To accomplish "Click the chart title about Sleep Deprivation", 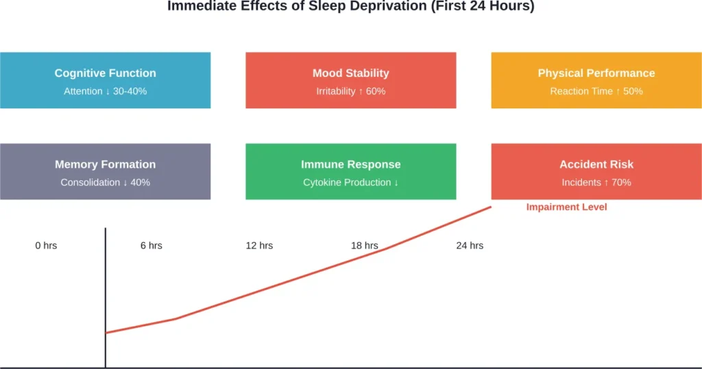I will click(x=350, y=6).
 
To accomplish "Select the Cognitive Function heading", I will click(x=105, y=73).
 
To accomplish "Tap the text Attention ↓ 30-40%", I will click(x=105, y=91).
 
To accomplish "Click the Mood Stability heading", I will click(x=350, y=73).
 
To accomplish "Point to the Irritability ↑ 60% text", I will click(x=350, y=91).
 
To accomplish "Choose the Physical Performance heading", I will click(x=596, y=73).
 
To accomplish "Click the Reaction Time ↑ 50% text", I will click(x=596, y=91).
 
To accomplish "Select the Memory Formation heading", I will click(x=105, y=164).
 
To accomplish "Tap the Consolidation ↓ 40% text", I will click(x=105, y=182).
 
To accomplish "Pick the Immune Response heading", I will click(x=350, y=164).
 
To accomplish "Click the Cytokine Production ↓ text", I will click(x=350, y=182).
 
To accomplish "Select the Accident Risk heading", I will click(x=596, y=164).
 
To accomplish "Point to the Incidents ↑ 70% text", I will click(x=596, y=182).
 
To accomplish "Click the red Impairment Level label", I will click(x=566, y=206).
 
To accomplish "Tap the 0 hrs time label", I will click(x=46, y=245).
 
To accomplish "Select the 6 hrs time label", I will click(x=151, y=245).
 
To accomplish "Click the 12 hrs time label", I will click(x=259, y=245).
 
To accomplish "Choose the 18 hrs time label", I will click(x=364, y=245).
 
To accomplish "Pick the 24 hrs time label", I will click(x=470, y=245).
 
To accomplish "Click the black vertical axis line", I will click(x=106, y=295).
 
